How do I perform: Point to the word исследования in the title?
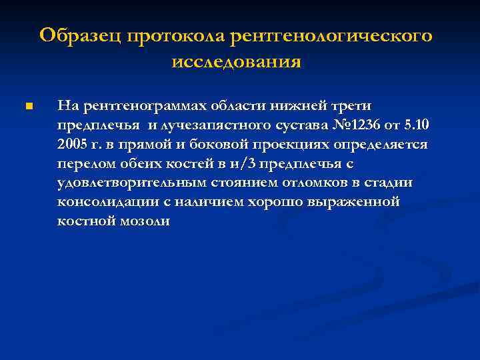pos(237,62)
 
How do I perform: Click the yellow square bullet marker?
pos(27,106)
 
